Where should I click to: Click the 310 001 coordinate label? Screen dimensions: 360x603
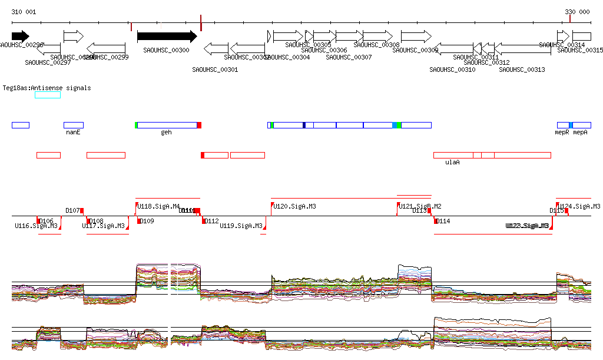(x=24, y=12)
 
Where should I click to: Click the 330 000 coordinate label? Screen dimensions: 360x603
(x=577, y=12)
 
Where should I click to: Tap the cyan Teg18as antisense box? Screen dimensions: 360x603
(x=48, y=95)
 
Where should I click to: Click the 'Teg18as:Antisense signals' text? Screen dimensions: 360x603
(x=47, y=88)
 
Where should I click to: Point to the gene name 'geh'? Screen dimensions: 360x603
(x=167, y=133)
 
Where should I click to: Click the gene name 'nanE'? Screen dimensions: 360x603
(x=73, y=133)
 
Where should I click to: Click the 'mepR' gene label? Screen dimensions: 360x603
(x=562, y=133)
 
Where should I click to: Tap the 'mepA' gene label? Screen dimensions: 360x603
(x=581, y=133)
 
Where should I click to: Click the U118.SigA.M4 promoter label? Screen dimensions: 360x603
(x=159, y=206)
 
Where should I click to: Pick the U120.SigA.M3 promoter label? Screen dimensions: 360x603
(x=295, y=206)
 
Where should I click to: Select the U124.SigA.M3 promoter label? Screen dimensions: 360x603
(x=580, y=206)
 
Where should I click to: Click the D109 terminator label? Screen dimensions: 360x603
(x=146, y=221)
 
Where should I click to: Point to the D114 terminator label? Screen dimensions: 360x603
(x=442, y=221)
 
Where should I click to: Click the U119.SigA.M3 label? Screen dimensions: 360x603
(x=241, y=226)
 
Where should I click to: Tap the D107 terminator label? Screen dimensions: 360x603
(x=72, y=210)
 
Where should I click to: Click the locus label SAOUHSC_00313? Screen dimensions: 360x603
(x=522, y=70)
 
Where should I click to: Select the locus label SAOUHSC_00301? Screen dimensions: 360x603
(x=215, y=70)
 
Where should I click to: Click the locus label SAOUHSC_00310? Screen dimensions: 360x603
(x=452, y=70)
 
